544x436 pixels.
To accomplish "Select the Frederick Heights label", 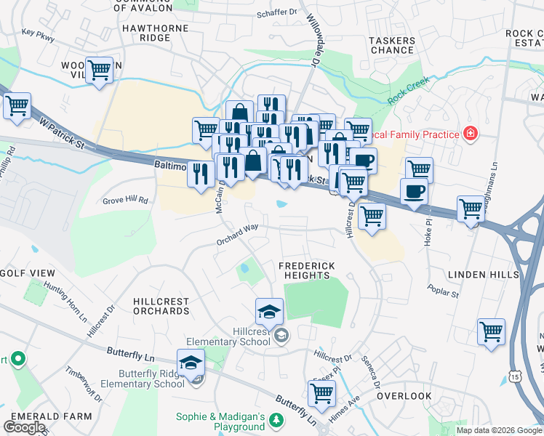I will pyautogui.click(x=307, y=271).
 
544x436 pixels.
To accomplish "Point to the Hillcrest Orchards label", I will pyautogui.click(x=161, y=306).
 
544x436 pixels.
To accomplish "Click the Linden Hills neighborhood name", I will pyautogui.click(x=488, y=275).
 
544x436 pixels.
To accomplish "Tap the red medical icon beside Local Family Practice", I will pyautogui.click(x=471, y=134).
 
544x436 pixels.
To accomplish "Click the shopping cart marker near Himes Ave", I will pyautogui.click(x=321, y=393).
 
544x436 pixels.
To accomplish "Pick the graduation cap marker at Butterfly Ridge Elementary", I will pyautogui.click(x=191, y=362).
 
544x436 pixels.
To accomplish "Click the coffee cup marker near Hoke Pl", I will pyautogui.click(x=414, y=191).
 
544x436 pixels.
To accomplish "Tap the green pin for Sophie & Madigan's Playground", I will pyautogui.click(x=276, y=420).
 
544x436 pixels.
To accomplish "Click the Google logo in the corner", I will pyautogui.click(x=25, y=427).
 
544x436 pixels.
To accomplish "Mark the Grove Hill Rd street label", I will pyautogui.click(x=125, y=201).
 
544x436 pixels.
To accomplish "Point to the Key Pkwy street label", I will pyautogui.click(x=39, y=33).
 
